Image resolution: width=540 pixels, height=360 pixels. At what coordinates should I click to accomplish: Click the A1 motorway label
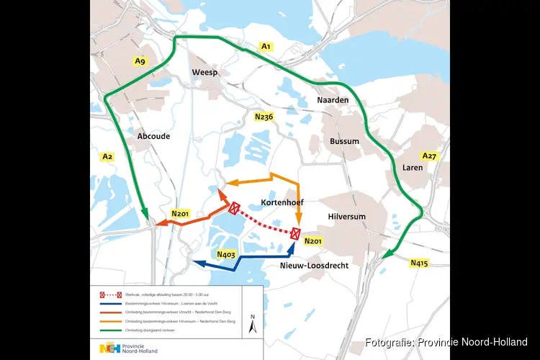click(266, 47)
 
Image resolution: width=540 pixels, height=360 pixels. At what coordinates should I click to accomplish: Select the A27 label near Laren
click(430, 156)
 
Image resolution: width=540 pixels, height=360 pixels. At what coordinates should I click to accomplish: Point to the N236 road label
click(264, 115)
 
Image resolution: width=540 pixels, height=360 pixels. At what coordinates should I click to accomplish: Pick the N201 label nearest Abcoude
click(181, 214)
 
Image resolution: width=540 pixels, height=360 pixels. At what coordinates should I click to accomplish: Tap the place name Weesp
click(205, 73)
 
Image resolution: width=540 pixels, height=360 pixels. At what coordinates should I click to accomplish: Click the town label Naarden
click(333, 100)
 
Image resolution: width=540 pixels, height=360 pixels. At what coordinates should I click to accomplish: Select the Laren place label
click(413, 167)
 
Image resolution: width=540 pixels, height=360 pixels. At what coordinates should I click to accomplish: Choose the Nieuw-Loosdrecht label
click(314, 266)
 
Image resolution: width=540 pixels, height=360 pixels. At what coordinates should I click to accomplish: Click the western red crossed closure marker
click(235, 208)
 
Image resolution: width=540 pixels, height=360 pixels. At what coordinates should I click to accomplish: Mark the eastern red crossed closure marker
click(295, 233)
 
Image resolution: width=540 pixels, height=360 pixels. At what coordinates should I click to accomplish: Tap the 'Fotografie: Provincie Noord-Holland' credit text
click(446, 342)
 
